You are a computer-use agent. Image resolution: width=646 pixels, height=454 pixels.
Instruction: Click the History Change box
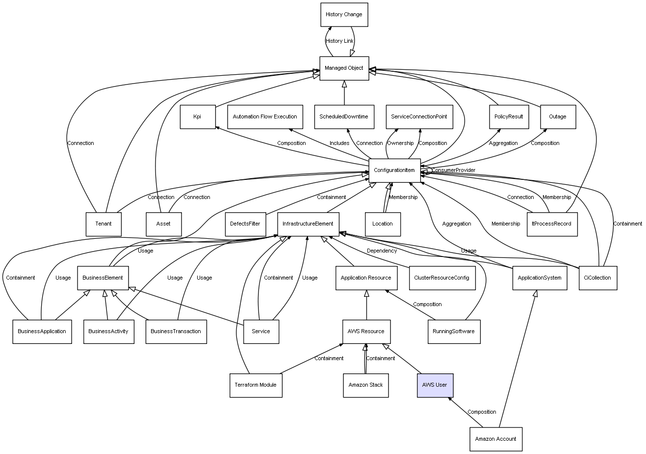tap(343, 15)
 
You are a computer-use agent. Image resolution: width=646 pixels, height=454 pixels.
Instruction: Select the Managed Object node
tap(344, 68)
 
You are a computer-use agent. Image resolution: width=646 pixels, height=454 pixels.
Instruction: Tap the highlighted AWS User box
tap(435, 385)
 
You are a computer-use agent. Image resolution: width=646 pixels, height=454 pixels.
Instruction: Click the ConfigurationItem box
tap(394, 170)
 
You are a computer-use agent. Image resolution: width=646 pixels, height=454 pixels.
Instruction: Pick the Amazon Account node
tap(495, 439)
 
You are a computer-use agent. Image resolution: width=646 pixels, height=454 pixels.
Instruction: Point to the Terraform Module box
tap(256, 385)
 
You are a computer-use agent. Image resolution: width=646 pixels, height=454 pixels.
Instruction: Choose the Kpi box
tap(197, 117)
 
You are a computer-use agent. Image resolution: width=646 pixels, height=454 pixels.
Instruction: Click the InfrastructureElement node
tap(308, 224)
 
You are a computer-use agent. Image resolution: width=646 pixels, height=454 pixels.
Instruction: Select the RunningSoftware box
tap(453, 332)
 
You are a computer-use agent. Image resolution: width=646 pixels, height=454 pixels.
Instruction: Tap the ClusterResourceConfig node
tap(441, 278)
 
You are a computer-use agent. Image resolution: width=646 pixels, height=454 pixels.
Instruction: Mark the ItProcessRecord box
tap(551, 224)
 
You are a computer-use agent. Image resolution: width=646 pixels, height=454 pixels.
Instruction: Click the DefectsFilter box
tap(245, 224)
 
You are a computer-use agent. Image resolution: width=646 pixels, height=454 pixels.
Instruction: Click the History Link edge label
tap(339, 41)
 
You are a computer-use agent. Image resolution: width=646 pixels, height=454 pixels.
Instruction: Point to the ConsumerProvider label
tap(453, 170)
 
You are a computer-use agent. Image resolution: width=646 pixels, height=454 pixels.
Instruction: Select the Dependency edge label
tap(382, 251)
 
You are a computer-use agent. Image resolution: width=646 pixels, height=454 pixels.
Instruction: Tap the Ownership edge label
tap(400, 143)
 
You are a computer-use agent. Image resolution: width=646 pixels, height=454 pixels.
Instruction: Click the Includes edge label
tap(339, 143)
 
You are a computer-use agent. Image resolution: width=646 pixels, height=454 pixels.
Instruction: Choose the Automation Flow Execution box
tap(265, 117)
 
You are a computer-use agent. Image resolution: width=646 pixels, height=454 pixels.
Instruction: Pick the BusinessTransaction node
tap(176, 332)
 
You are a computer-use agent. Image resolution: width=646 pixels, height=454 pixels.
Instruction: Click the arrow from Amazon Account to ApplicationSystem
tap(517, 359)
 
